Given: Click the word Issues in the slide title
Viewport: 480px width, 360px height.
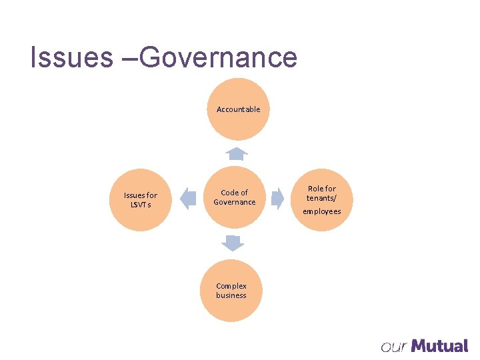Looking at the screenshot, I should click(71, 57).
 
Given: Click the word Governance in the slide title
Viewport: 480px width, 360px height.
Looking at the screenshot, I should click(219, 57).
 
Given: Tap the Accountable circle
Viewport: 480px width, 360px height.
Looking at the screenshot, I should click(238, 109).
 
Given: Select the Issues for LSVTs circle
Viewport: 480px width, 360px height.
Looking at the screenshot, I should click(141, 199).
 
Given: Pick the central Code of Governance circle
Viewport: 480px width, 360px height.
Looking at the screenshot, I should click(234, 197).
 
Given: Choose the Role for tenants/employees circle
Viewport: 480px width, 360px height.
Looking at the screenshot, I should click(322, 199).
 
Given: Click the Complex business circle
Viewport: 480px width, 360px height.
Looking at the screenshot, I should click(231, 291).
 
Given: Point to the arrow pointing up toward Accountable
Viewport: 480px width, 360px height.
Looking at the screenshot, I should click(236, 154).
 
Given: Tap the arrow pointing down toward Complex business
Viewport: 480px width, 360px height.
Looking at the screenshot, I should click(233, 243).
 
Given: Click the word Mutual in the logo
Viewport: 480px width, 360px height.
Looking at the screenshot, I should click(439, 346).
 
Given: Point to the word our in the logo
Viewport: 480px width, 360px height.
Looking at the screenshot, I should click(394, 347).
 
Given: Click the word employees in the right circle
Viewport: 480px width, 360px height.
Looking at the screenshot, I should click(322, 211).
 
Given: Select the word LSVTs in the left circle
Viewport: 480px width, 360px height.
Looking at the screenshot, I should click(141, 205).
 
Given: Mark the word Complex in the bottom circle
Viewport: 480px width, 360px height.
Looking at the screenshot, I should click(231, 286).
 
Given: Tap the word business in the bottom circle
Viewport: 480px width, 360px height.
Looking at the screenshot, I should click(231, 295).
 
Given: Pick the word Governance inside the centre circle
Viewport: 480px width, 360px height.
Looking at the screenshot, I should click(234, 202).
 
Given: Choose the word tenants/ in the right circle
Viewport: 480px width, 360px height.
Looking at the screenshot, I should click(322, 198).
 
